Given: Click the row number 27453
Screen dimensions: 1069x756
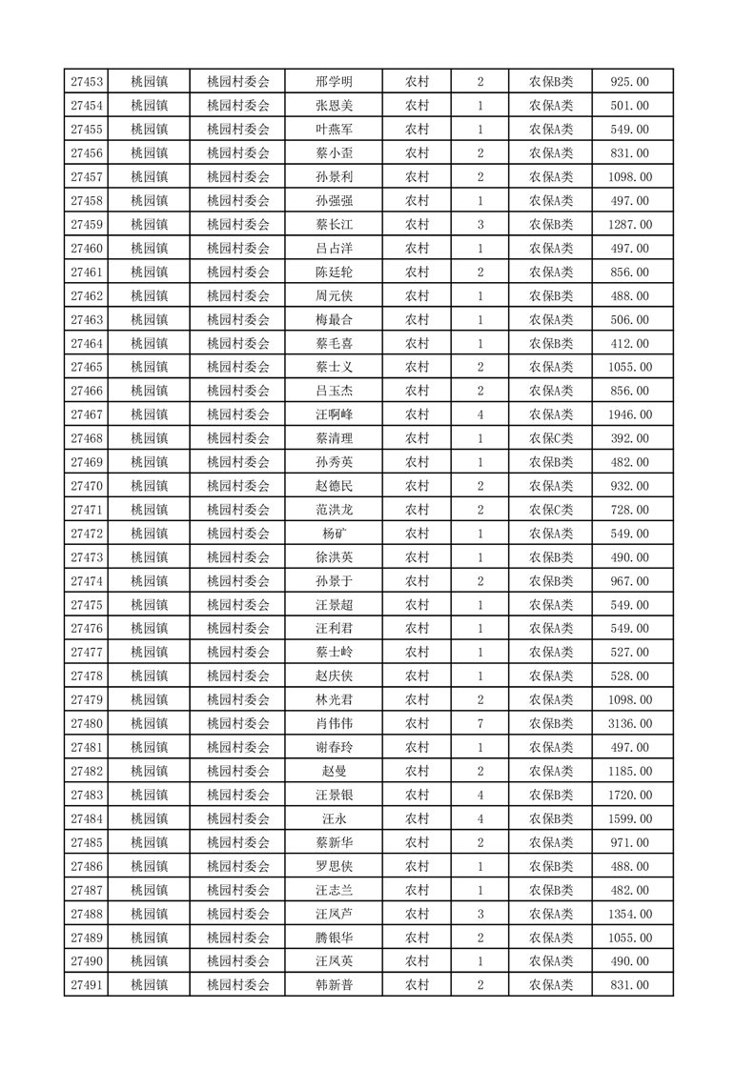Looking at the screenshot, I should [x=87, y=82].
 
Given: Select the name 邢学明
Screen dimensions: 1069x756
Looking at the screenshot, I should [x=334, y=82].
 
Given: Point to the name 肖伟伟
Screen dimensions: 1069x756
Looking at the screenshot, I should [x=334, y=724].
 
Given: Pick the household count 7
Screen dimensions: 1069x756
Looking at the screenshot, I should [x=480, y=724].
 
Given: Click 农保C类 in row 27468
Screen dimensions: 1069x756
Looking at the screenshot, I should [x=551, y=438].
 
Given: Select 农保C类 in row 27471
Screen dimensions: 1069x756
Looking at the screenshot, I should [x=551, y=510].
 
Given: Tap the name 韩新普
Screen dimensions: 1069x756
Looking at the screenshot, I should [x=334, y=986].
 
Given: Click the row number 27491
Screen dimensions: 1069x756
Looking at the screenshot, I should [x=87, y=986].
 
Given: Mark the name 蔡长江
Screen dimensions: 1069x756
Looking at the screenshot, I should [x=334, y=225].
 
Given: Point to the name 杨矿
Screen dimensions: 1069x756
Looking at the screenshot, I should [x=334, y=534].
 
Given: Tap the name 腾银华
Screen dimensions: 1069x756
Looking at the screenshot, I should [x=334, y=938].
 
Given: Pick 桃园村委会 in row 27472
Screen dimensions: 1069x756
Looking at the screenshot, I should [x=238, y=534].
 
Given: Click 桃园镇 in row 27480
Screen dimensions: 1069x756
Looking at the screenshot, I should [x=149, y=724].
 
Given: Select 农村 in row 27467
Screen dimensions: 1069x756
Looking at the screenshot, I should [x=417, y=414].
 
